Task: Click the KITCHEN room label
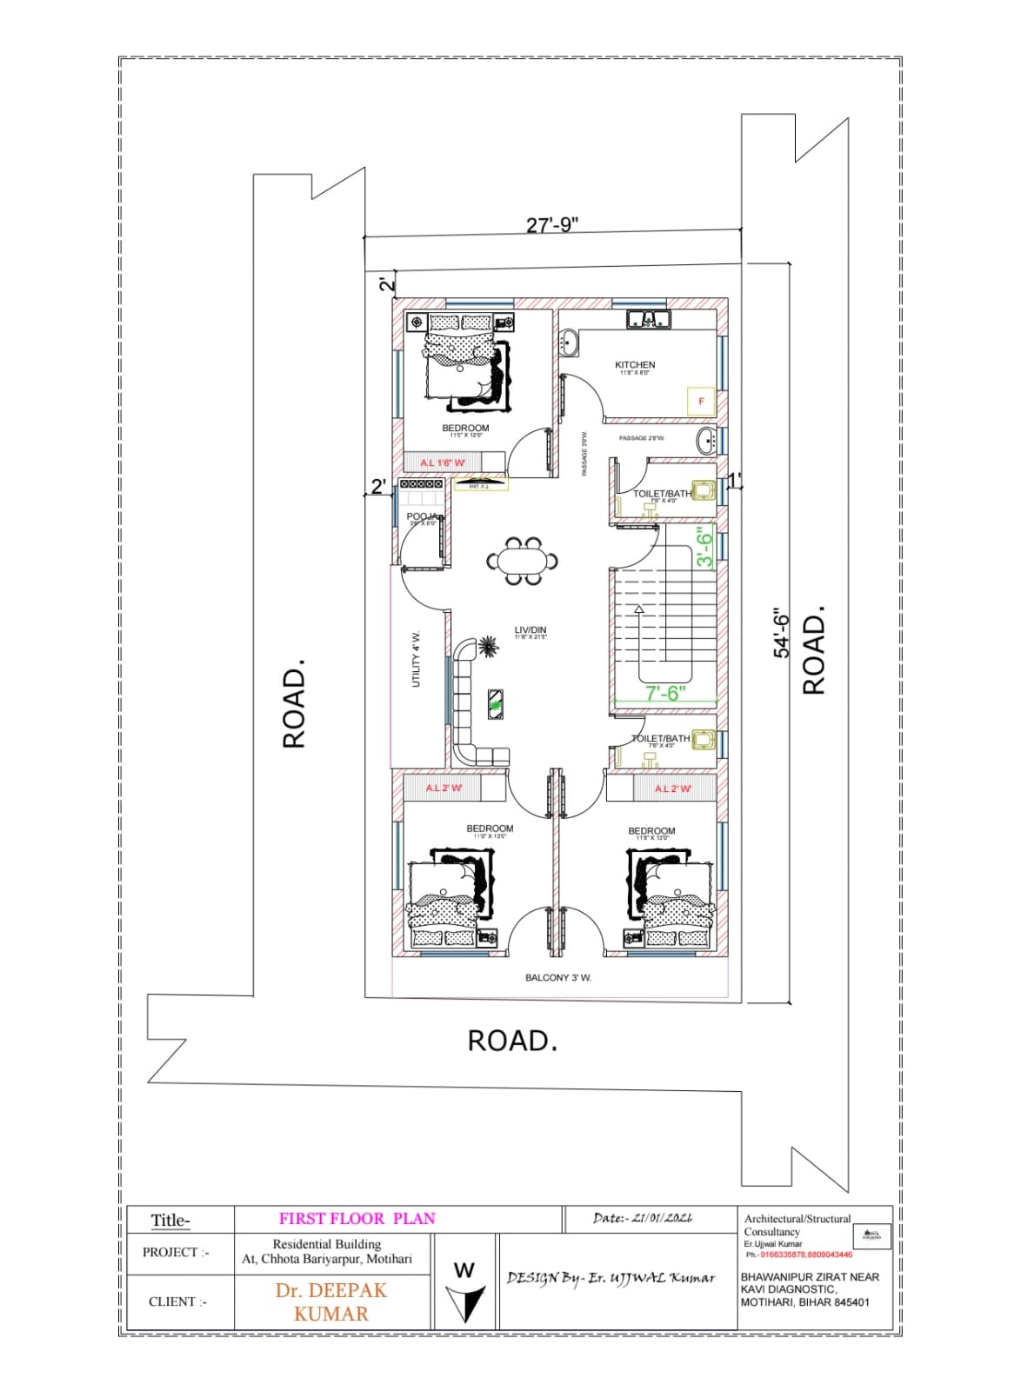635,365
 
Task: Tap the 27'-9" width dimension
552,225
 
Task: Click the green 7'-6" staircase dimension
666,693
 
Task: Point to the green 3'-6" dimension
705,549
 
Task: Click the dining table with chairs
522,561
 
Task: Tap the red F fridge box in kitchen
701,401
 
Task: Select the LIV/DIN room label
530,630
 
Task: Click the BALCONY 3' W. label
558,978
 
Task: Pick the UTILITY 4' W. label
416,659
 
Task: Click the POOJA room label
421,516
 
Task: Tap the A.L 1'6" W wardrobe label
443,463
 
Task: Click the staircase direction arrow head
639,610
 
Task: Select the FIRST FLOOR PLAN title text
357,1218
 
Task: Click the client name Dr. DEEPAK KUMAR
331,1301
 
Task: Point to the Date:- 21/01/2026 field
643,1218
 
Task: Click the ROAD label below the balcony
512,1041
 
